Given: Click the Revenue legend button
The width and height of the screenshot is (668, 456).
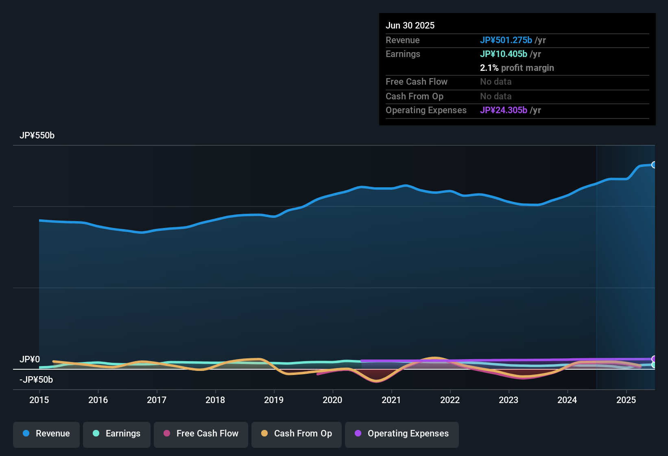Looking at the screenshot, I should pyautogui.click(x=46, y=434).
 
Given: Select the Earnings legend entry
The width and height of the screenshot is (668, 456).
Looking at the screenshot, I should pyautogui.click(x=117, y=434).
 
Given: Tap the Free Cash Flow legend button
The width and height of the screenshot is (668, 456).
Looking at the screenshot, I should pyautogui.click(x=201, y=434).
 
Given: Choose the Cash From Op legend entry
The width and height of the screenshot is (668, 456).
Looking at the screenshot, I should pyautogui.click(x=297, y=434).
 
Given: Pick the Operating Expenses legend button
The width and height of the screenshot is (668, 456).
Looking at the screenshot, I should pyautogui.click(x=402, y=434).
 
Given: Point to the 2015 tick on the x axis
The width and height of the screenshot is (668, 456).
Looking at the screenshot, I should pyautogui.click(x=39, y=400).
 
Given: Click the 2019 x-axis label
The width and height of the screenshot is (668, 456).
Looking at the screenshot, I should pyautogui.click(x=274, y=400).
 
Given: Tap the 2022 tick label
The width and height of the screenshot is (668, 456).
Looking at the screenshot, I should pyautogui.click(x=450, y=400).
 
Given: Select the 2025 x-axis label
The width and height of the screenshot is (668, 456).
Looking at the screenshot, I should pyautogui.click(x=626, y=400).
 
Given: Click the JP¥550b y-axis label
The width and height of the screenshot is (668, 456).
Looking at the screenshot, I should pyautogui.click(x=37, y=136).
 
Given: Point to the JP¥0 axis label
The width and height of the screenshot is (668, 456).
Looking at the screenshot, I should pyautogui.click(x=30, y=360).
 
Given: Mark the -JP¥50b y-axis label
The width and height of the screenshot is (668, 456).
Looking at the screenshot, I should pyautogui.click(x=36, y=380).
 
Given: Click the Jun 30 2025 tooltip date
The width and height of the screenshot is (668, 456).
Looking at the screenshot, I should pyautogui.click(x=410, y=26).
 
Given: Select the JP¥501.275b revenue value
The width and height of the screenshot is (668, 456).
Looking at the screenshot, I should pyautogui.click(x=506, y=40).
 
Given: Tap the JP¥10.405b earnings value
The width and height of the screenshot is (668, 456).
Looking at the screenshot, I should pyautogui.click(x=504, y=54).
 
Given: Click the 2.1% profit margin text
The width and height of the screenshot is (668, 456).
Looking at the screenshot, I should pyautogui.click(x=517, y=68).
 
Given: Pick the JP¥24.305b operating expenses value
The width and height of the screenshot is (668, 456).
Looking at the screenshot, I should pyautogui.click(x=504, y=110).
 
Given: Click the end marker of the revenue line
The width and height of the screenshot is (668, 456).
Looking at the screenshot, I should pyautogui.click(x=654, y=165).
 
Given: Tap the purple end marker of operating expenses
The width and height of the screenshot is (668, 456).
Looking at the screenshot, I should pyautogui.click(x=654, y=359).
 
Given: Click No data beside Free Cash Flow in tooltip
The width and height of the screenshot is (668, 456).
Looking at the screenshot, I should pyautogui.click(x=496, y=82).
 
